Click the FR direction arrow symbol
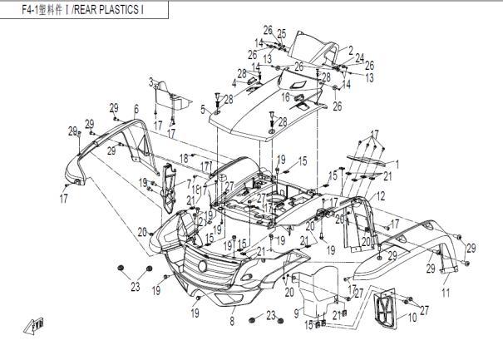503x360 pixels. [37, 326]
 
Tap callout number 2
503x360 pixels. [351, 50]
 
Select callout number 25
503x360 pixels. [281, 34]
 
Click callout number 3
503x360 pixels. [151, 81]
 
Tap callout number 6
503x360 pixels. [136, 109]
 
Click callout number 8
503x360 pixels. [231, 319]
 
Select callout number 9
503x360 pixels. [296, 313]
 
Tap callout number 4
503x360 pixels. [234, 83]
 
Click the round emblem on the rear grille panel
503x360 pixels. [201, 265]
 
